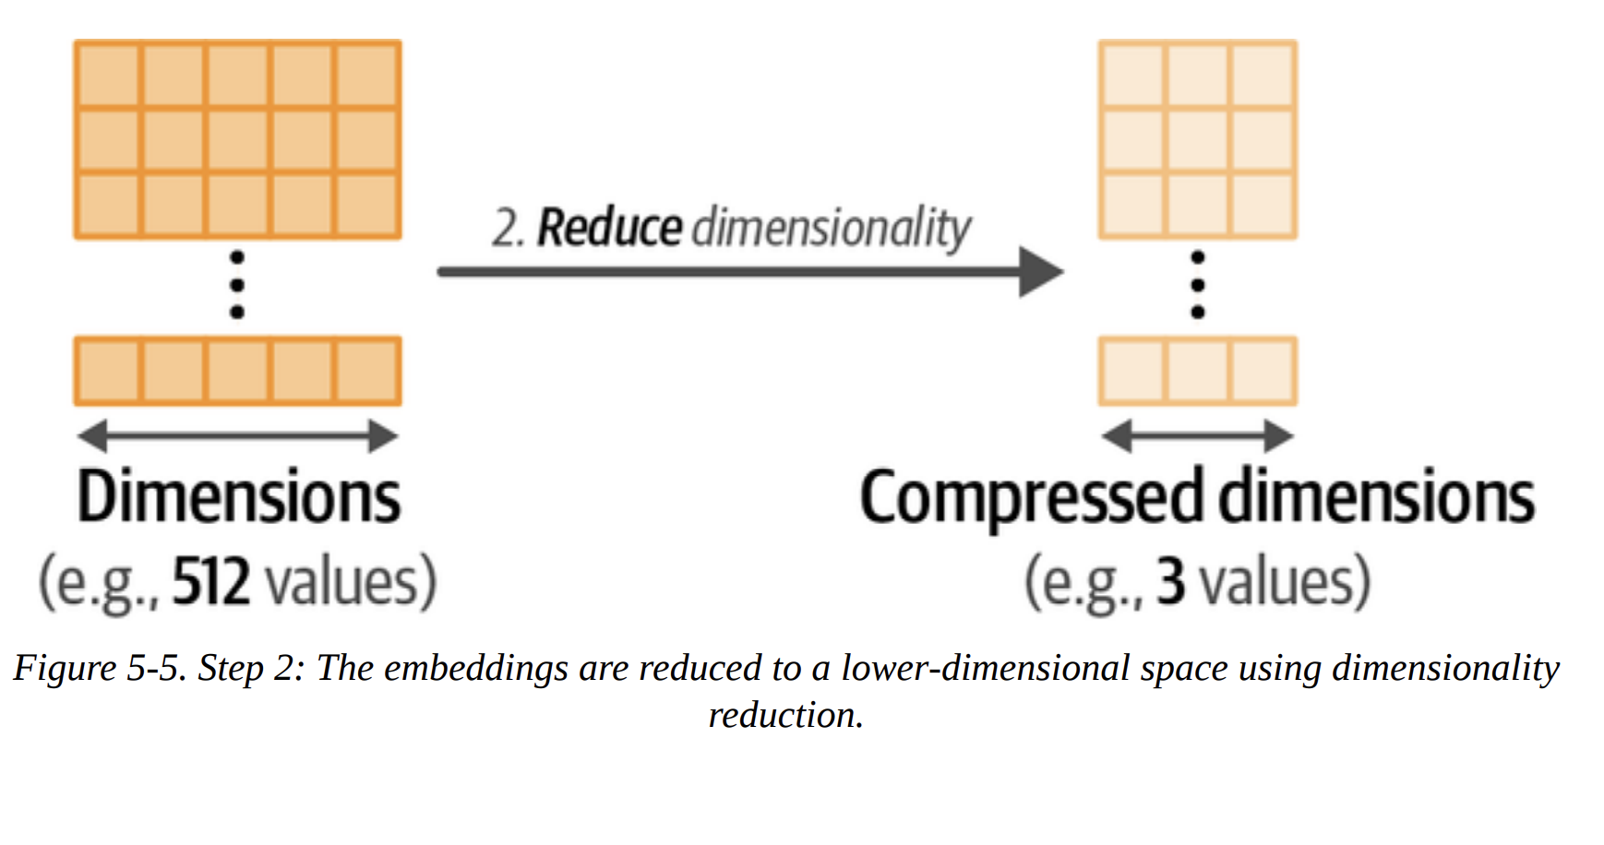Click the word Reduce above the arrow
[x=609, y=228]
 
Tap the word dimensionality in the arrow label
[x=831, y=228]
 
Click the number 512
[x=211, y=582]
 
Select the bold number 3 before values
[x=1170, y=582]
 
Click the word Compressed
[x=1032, y=497]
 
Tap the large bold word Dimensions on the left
[x=238, y=497]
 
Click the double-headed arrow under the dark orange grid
[x=237, y=435]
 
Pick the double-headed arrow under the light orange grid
[x=1197, y=435]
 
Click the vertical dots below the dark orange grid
[x=237, y=285]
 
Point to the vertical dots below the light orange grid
[x=1198, y=285]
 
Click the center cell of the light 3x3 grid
[x=1198, y=140]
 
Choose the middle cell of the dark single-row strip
[x=238, y=371]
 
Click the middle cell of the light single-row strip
[x=1198, y=371]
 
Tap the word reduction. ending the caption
[x=785, y=716]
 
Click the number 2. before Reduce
[x=507, y=228]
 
